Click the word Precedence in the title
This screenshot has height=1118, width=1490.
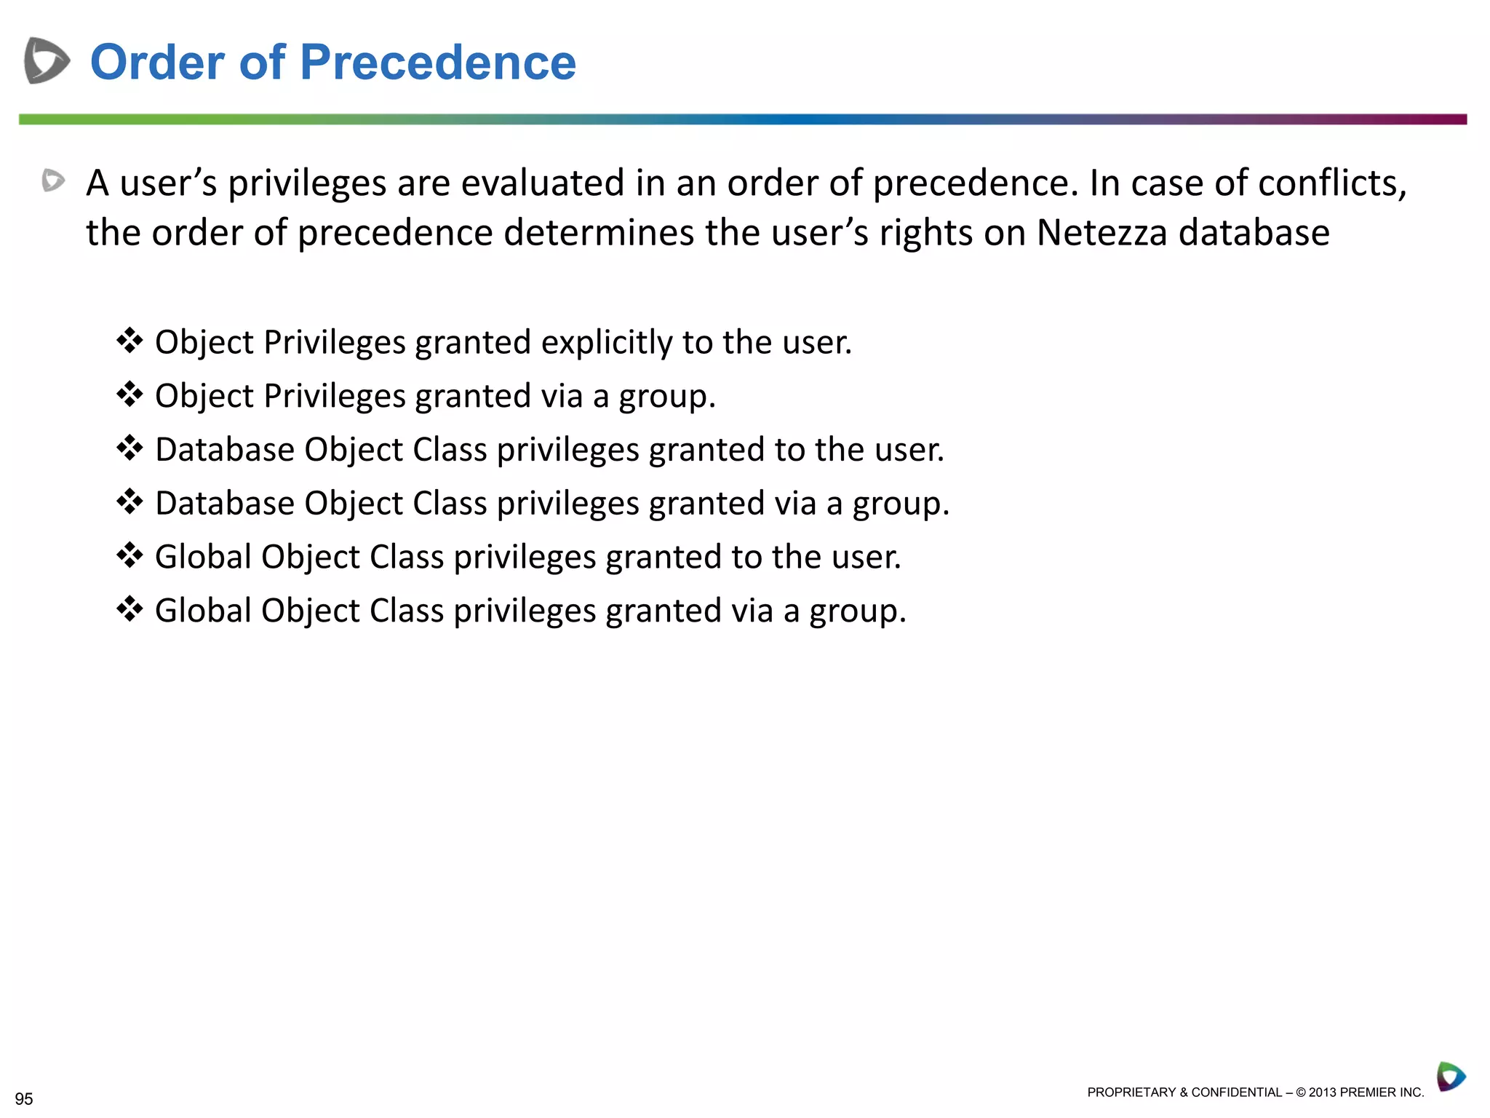[x=437, y=63]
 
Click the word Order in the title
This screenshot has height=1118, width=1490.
[x=157, y=63]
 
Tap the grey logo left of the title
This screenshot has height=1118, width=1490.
[x=47, y=60]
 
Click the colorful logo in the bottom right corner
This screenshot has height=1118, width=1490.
[x=1450, y=1077]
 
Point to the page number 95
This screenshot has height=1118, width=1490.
[x=24, y=1098]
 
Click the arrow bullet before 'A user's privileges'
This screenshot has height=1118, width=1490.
[x=53, y=181]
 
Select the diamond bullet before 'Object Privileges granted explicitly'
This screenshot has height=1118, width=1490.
[x=130, y=341]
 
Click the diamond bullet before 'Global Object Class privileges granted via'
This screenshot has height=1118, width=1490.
[x=130, y=608]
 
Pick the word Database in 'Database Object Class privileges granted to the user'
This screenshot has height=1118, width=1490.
[x=225, y=450]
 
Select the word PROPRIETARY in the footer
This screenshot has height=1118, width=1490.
[x=1131, y=1093]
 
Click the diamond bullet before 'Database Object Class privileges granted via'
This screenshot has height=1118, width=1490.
[x=130, y=501]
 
